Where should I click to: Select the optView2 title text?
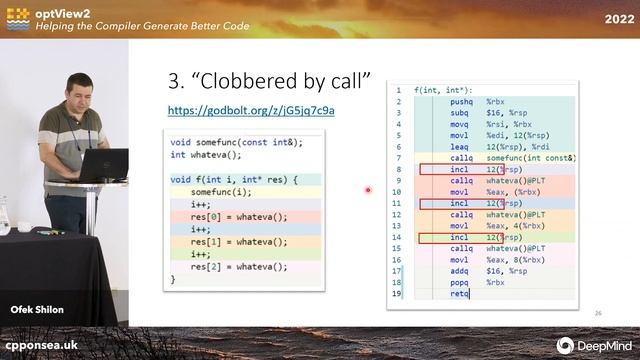coord(71,12)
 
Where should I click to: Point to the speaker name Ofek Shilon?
coord(37,310)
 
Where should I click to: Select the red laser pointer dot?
coord(369,189)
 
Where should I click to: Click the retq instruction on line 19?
coord(459,294)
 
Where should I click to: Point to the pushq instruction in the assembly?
coord(461,101)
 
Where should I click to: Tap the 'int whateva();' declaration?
coord(206,154)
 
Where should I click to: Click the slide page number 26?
coord(598,313)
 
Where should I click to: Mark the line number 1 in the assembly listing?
coord(398,90)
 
